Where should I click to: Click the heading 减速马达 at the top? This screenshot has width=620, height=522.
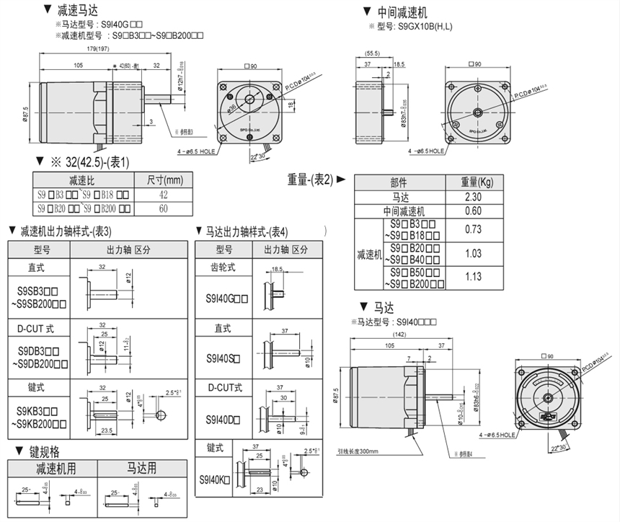click(x=76, y=10)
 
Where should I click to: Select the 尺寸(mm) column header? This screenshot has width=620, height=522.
click(x=164, y=180)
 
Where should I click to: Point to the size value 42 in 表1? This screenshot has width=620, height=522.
click(x=164, y=194)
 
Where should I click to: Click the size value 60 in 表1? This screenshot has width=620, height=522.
click(x=164, y=209)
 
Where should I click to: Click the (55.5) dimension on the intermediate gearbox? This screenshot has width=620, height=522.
click(x=373, y=53)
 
